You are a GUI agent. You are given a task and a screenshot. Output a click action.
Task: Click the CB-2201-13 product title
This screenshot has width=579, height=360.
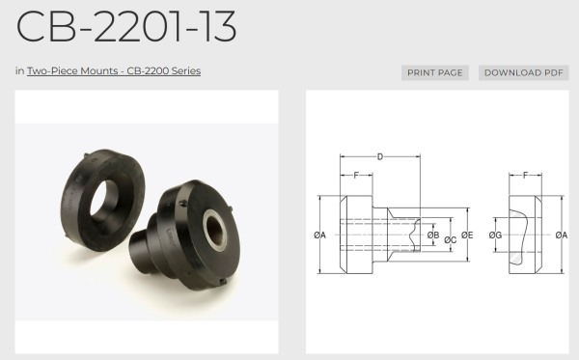click(125, 27)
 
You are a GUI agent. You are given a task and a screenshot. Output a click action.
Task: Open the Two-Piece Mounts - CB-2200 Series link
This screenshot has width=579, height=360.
click(114, 70)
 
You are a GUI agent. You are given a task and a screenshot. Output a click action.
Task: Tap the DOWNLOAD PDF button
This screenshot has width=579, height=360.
click(524, 72)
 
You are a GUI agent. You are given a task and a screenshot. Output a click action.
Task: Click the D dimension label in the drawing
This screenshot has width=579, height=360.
click(380, 157)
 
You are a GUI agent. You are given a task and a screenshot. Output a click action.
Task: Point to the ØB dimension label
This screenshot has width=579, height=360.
click(433, 235)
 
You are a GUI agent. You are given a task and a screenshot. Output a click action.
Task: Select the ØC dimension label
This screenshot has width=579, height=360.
click(450, 240)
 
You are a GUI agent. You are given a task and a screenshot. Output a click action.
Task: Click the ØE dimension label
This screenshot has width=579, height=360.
click(467, 235)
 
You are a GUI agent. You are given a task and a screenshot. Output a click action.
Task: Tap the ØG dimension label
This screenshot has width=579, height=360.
click(495, 235)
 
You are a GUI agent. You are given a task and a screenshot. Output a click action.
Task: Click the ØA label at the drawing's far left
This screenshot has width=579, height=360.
click(319, 235)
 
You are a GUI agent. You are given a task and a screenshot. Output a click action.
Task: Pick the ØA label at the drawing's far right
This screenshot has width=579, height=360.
click(562, 235)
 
